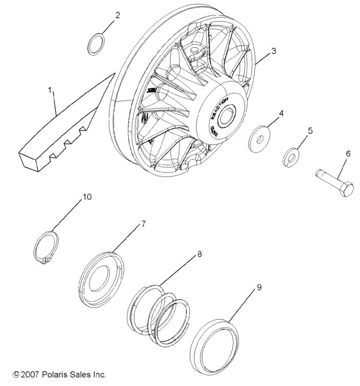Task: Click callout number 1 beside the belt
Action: pos(50,90)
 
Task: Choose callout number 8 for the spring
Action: pos(199,253)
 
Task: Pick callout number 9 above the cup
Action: pos(259,288)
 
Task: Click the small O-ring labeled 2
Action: pos(96,44)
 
